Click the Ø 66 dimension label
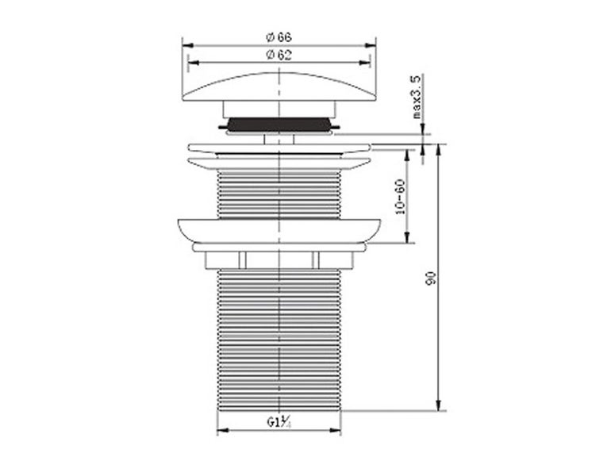[x=279, y=37]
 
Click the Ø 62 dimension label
[x=279, y=53]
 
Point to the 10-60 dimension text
[x=400, y=196]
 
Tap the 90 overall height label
[x=432, y=278]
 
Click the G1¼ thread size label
[x=279, y=422]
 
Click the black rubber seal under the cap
[x=279, y=124]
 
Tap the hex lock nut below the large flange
[x=279, y=259]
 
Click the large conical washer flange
[x=279, y=231]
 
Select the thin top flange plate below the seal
[x=279, y=148]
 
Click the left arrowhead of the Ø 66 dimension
[x=186, y=45]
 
